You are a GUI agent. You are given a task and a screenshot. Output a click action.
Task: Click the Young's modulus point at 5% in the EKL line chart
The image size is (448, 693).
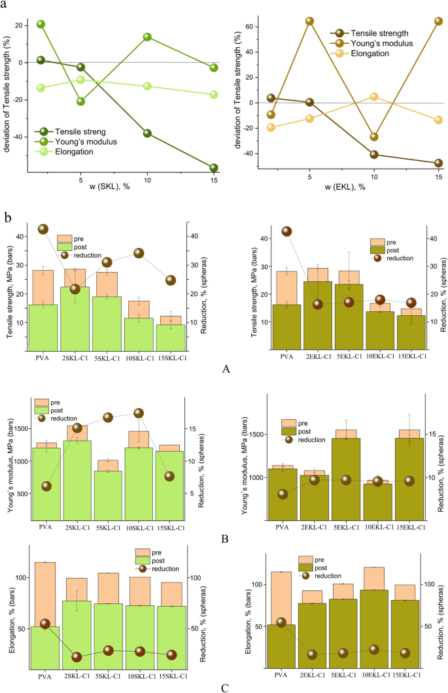309,21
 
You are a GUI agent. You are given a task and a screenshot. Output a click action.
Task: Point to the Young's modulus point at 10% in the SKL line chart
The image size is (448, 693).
147,37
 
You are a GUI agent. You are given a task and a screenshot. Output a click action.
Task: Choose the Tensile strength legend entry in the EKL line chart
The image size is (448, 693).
379,33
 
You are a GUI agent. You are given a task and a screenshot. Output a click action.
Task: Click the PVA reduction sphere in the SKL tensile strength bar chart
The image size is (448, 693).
43,229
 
